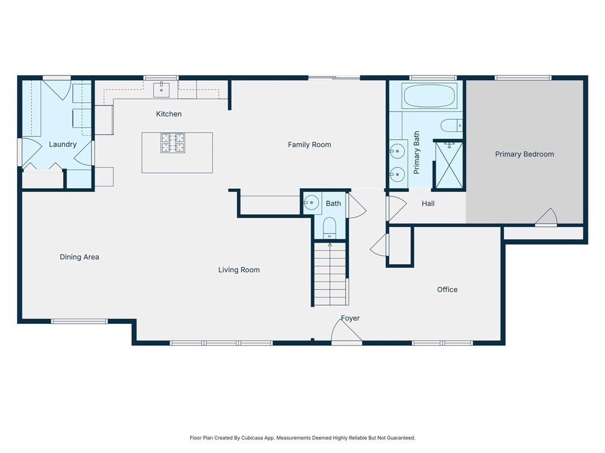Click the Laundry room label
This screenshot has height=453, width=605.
click(x=63, y=145)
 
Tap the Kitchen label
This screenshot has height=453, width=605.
click(x=169, y=114)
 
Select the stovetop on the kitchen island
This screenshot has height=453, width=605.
click(x=173, y=143)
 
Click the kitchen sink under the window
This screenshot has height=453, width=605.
click(x=161, y=90)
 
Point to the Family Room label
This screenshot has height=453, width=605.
click(x=309, y=145)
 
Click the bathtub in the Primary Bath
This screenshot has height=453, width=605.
click(x=429, y=96)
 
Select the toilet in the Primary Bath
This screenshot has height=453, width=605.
click(x=451, y=125)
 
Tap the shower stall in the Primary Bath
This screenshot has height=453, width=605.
click(x=448, y=165)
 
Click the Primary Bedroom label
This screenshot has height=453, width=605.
click(x=524, y=154)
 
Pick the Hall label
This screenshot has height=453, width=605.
click(x=428, y=203)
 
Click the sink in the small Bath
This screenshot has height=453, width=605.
click(x=311, y=203)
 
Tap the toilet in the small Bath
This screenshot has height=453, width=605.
click(x=330, y=227)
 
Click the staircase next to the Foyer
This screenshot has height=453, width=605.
click(x=330, y=274)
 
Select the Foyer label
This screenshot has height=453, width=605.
click(x=350, y=319)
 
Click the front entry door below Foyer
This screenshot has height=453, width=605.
click(x=346, y=336)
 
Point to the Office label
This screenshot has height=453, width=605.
click(x=447, y=290)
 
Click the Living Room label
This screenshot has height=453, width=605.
click(x=239, y=270)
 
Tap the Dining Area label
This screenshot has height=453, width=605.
click(x=79, y=257)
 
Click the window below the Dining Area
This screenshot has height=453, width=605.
click(x=79, y=321)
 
